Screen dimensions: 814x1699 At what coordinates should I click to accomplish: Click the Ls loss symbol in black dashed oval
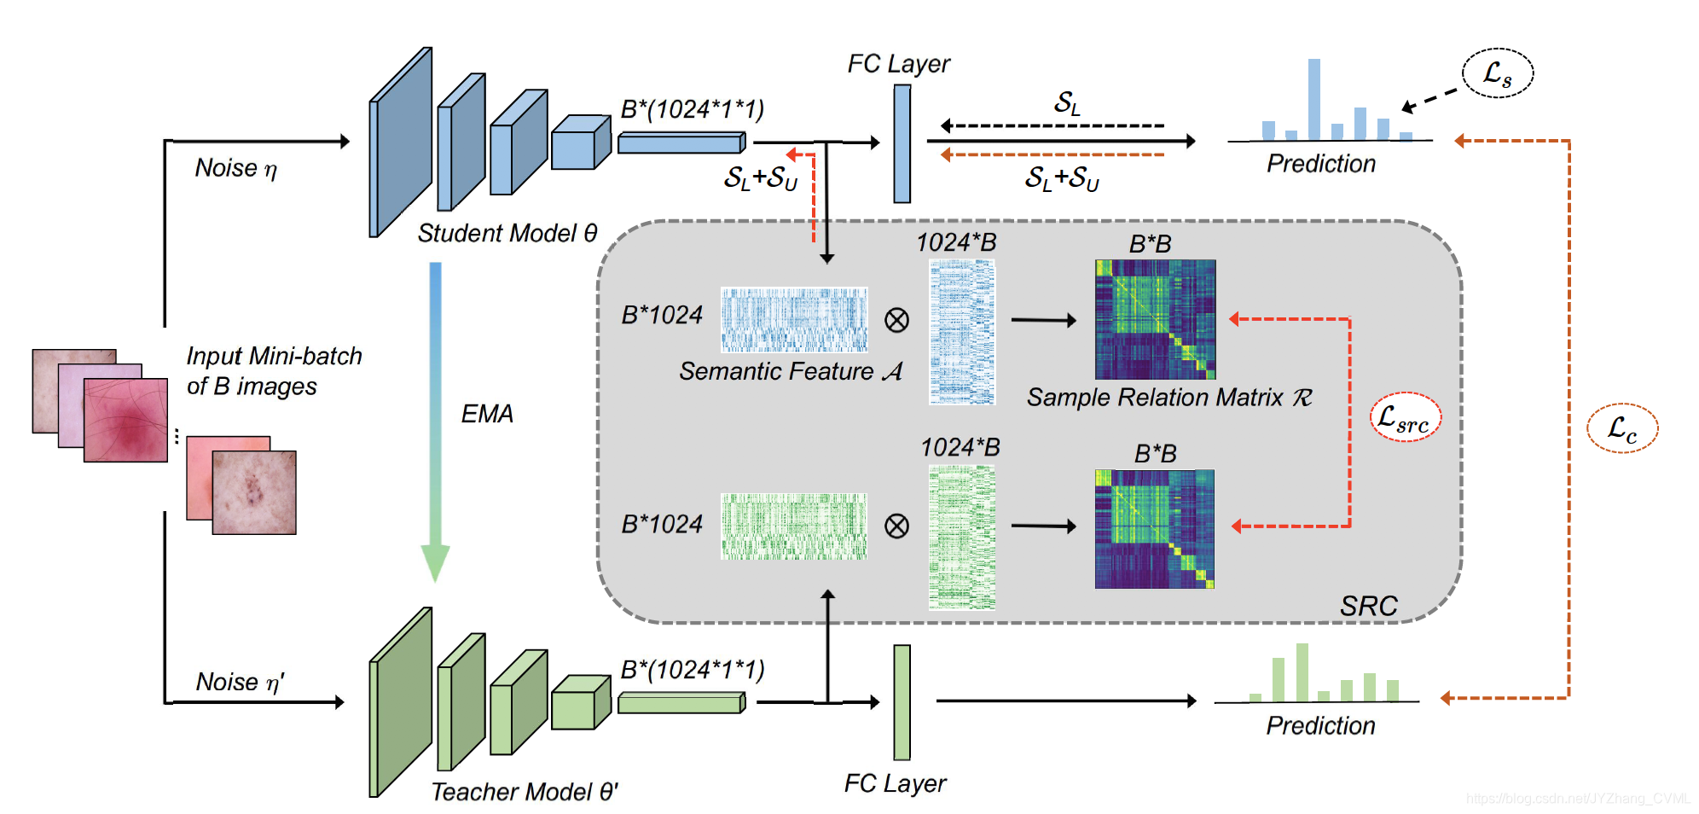(1498, 74)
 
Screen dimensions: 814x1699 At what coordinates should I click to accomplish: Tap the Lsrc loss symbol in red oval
(1405, 418)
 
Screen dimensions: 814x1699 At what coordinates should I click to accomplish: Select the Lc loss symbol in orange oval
(1622, 428)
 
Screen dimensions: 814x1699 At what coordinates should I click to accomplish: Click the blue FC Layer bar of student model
(902, 143)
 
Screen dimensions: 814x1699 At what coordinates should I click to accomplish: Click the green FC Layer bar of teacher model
(902, 701)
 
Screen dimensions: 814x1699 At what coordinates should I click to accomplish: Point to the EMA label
(487, 414)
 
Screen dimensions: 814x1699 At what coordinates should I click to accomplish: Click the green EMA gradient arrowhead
(435, 562)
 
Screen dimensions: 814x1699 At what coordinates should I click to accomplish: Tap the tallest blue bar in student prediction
(1314, 99)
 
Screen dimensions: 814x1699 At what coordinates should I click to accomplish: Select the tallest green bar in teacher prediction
(1302, 672)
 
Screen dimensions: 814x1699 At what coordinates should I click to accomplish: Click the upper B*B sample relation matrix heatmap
(1155, 319)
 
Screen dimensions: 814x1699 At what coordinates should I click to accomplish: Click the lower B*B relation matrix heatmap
(1155, 529)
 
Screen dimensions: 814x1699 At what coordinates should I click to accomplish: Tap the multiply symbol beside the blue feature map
(896, 321)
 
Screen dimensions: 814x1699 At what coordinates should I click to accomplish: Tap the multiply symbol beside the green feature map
(896, 526)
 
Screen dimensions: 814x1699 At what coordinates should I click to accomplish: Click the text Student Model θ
(507, 233)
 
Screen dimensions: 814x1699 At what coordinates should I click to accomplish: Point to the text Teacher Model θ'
(524, 792)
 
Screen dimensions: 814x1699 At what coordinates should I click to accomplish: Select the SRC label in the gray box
(1368, 606)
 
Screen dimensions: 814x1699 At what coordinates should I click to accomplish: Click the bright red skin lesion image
(125, 420)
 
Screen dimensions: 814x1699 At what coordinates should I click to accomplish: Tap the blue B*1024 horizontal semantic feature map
(794, 320)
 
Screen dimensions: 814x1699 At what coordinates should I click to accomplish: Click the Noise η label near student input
(235, 168)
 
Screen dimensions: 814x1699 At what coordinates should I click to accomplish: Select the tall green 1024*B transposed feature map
(961, 538)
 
